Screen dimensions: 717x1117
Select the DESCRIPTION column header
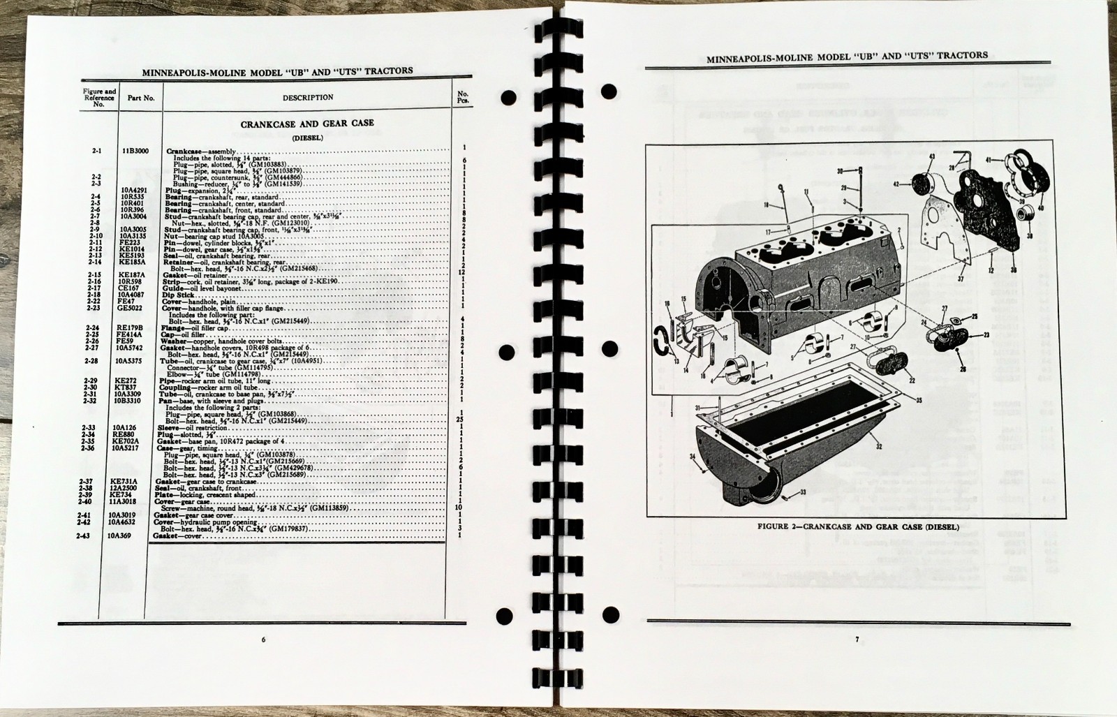coord(308,98)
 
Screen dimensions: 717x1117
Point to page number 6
coord(263,639)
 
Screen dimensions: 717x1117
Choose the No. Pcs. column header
coord(462,97)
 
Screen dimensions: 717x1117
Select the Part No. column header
coord(140,98)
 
